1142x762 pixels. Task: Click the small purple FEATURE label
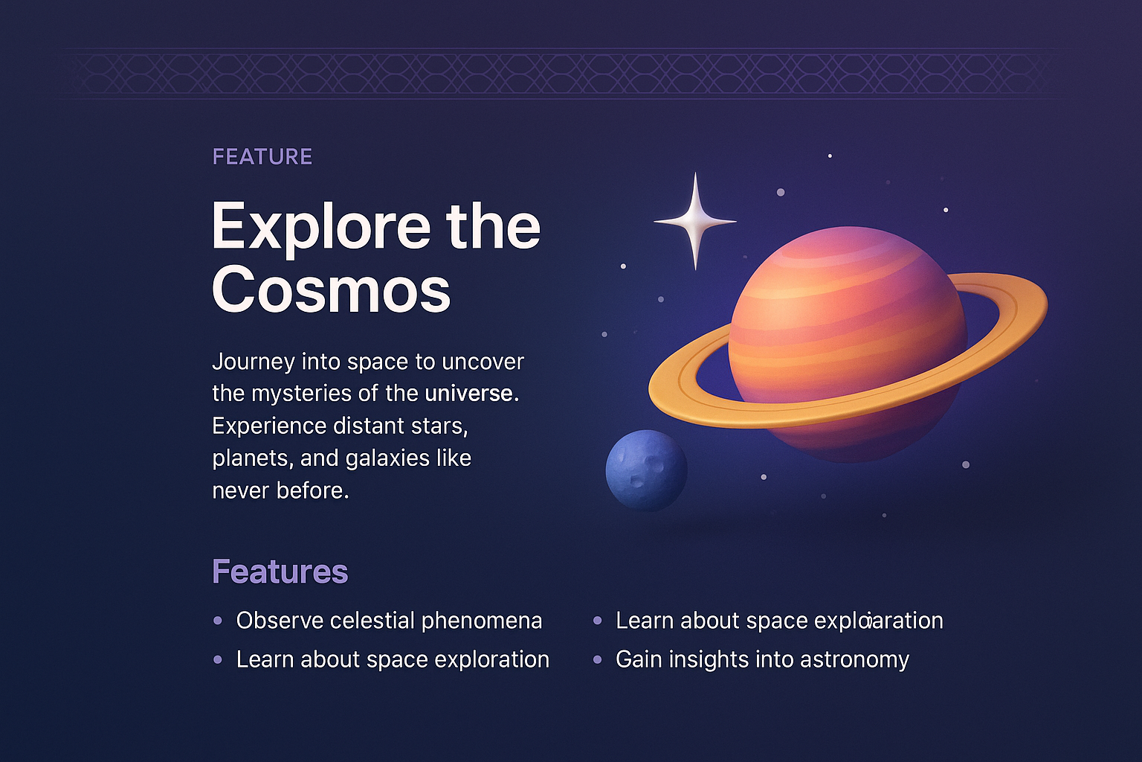tap(262, 157)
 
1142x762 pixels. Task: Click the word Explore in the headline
tap(320, 226)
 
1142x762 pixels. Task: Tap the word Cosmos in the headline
tap(331, 289)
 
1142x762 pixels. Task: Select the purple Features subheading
tap(280, 571)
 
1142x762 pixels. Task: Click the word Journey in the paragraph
tap(253, 362)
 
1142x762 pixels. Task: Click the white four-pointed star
tap(695, 221)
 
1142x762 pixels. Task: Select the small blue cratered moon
tap(646, 470)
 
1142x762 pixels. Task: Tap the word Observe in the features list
tap(280, 621)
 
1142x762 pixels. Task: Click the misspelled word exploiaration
tap(878, 621)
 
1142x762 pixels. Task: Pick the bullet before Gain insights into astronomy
tap(597, 659)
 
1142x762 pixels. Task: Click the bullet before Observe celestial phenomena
tap(217, 621)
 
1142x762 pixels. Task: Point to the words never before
tap(280, 491)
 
